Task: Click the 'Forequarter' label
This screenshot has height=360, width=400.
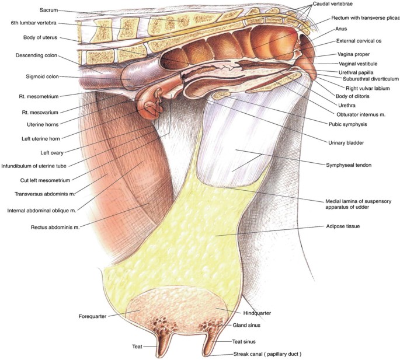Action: point(93,317)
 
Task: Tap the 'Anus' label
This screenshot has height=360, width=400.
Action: point(341,29)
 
